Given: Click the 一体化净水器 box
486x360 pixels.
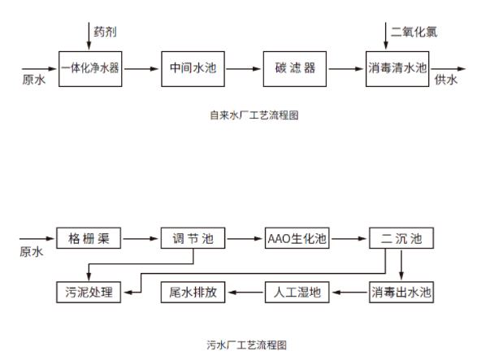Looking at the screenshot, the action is [90, 69].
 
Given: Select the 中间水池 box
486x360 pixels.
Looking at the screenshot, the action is [193, 69].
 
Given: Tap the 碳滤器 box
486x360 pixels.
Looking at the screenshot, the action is [295, 69].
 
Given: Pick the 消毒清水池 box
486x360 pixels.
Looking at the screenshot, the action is [397, 69].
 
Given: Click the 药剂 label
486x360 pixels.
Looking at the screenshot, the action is [105, 32].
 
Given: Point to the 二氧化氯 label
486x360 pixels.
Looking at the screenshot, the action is [414, 32].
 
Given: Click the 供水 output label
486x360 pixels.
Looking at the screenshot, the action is [446, 80].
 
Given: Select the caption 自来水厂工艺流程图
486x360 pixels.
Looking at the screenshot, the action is [254, 115].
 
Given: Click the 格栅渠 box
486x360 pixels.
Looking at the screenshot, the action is [89, 238].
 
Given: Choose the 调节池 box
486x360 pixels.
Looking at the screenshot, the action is [193, 238].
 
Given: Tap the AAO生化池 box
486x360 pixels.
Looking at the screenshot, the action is [297, 238].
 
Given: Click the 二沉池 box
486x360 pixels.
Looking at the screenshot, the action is [401, 238].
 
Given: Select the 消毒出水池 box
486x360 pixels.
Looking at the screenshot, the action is [401, 293].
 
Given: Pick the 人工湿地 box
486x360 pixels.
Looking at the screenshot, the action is [297, 293].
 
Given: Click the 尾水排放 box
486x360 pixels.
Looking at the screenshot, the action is [193, 293].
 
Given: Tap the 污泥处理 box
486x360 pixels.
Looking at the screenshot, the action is [89, 293].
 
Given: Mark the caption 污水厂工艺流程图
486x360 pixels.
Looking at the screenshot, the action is [247, 345].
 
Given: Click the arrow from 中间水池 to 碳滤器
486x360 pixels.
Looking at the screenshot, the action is [244, 69].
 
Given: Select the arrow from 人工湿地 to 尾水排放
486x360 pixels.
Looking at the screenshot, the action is [245, 293].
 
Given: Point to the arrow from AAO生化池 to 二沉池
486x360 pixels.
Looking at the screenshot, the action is [349, 239].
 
